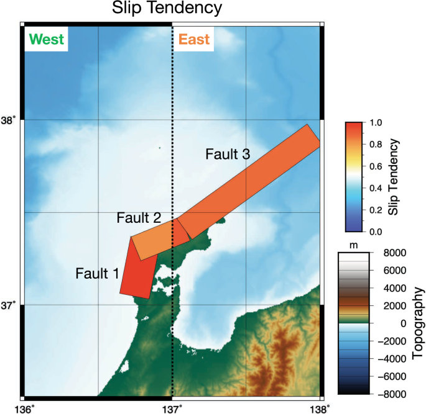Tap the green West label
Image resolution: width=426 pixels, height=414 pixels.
[46, 40]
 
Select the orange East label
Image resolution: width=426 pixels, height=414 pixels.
[193, 40]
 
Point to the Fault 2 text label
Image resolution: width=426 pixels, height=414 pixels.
[139, 218]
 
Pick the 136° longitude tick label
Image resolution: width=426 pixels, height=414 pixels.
[24, 407]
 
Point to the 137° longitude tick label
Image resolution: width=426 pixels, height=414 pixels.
[172, 407]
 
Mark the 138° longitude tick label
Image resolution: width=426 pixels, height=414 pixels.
[320, 407]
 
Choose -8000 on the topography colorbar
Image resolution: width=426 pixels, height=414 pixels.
[394, 394]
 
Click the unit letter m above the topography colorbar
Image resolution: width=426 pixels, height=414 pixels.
[354, 245]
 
